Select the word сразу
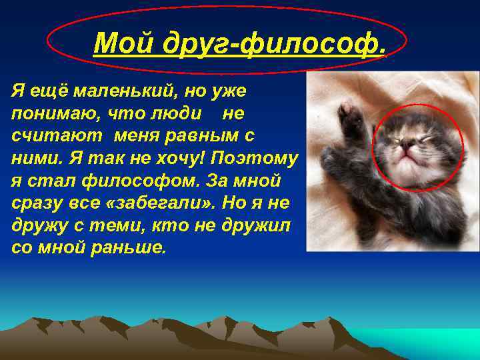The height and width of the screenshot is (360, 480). (37, 203)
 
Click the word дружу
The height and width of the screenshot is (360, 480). (37, 225)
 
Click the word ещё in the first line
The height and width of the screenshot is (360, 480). (46, 89)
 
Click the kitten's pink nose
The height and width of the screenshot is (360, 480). (407, 151)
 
